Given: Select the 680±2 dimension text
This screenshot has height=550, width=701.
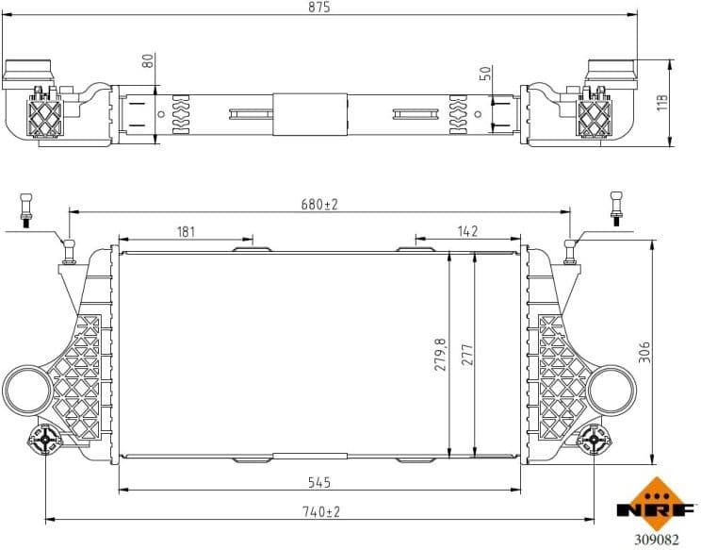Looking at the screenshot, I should pos(319,204).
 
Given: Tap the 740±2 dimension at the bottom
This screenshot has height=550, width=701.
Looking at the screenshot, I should pos(320,511).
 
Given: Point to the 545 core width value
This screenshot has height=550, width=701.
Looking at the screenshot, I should pos(319,482).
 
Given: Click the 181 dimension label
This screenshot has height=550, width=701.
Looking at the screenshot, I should pos(186,231).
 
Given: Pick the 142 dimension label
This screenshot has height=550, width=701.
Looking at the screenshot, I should pos(467,231).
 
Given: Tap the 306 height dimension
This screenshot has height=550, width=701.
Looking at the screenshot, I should pos(644,352).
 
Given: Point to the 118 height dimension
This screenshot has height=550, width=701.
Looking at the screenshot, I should pos(662,103).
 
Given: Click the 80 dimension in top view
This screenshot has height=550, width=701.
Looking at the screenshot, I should pos(147,60).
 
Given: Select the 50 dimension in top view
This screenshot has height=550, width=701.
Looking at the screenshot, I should pos(485,74).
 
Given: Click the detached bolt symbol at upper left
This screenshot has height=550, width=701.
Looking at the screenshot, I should pos(25,209).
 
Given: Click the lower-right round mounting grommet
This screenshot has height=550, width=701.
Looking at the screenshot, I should pos(595,440).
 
